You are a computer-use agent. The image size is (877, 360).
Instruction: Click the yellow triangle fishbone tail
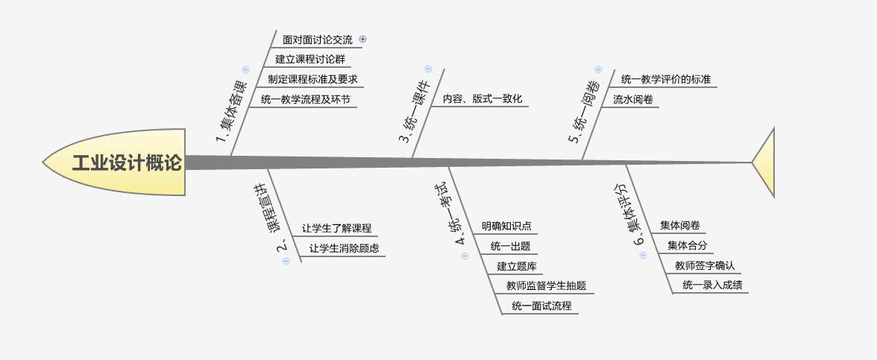[x=766, y=162]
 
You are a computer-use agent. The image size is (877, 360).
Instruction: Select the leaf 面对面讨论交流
[x=317, y=40]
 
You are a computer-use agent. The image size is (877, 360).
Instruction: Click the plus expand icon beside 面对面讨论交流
[x=363, y=40]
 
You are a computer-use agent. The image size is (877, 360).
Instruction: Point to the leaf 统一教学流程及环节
[x=305, y=99]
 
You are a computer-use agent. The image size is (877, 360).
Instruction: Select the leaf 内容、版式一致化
[x=482, y=98]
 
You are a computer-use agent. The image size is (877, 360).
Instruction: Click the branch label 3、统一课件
[x=413, y=112]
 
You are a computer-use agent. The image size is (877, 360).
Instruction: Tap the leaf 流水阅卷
[x=633, y=98]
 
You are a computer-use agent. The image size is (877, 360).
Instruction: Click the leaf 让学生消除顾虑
[x=344, y=248]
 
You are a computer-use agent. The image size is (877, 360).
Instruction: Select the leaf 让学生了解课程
[x=336, y=229]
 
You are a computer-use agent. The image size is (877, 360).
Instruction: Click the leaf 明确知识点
[x=506, y=227]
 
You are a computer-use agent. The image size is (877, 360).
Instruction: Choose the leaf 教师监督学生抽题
[x=546, y=285]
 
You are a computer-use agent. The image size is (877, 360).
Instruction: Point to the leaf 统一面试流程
[x=541, y=306]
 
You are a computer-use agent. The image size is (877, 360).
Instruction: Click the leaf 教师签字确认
[x=705, y=265]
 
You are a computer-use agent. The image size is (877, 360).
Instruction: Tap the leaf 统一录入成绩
[x=711, y=285]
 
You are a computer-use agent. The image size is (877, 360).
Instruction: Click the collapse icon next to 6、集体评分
[x=644, y=255]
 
